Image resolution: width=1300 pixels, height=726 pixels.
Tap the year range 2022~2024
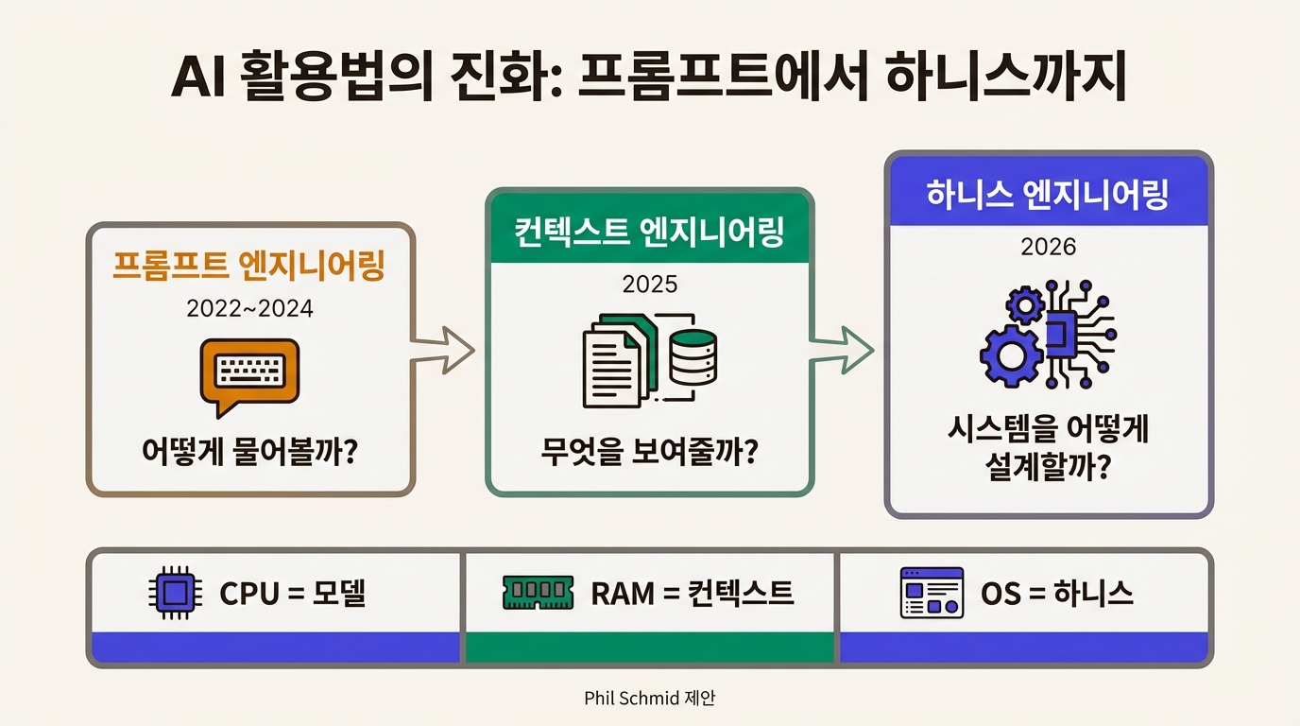point(250,309)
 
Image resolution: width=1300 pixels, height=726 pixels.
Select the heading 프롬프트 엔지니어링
point(249,267)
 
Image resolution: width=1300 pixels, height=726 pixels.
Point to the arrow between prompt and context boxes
point(442,352)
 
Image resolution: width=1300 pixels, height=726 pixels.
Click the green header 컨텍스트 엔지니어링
point(649,231)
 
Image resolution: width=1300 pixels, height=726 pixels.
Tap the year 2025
point(649,284)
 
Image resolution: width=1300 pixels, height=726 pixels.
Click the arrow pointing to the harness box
point(844,352)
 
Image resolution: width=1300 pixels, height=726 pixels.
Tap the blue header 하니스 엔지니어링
point(1048,195)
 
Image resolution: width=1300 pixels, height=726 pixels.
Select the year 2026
point(1048,247)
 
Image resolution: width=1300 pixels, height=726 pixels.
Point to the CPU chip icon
point(172,594)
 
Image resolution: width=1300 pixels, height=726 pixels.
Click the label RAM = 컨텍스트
point(692,594)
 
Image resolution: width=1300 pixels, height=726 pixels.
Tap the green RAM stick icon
point(537,594)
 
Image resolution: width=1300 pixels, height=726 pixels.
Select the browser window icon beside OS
point(932,594)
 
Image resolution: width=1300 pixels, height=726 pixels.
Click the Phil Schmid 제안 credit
point(649,698)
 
